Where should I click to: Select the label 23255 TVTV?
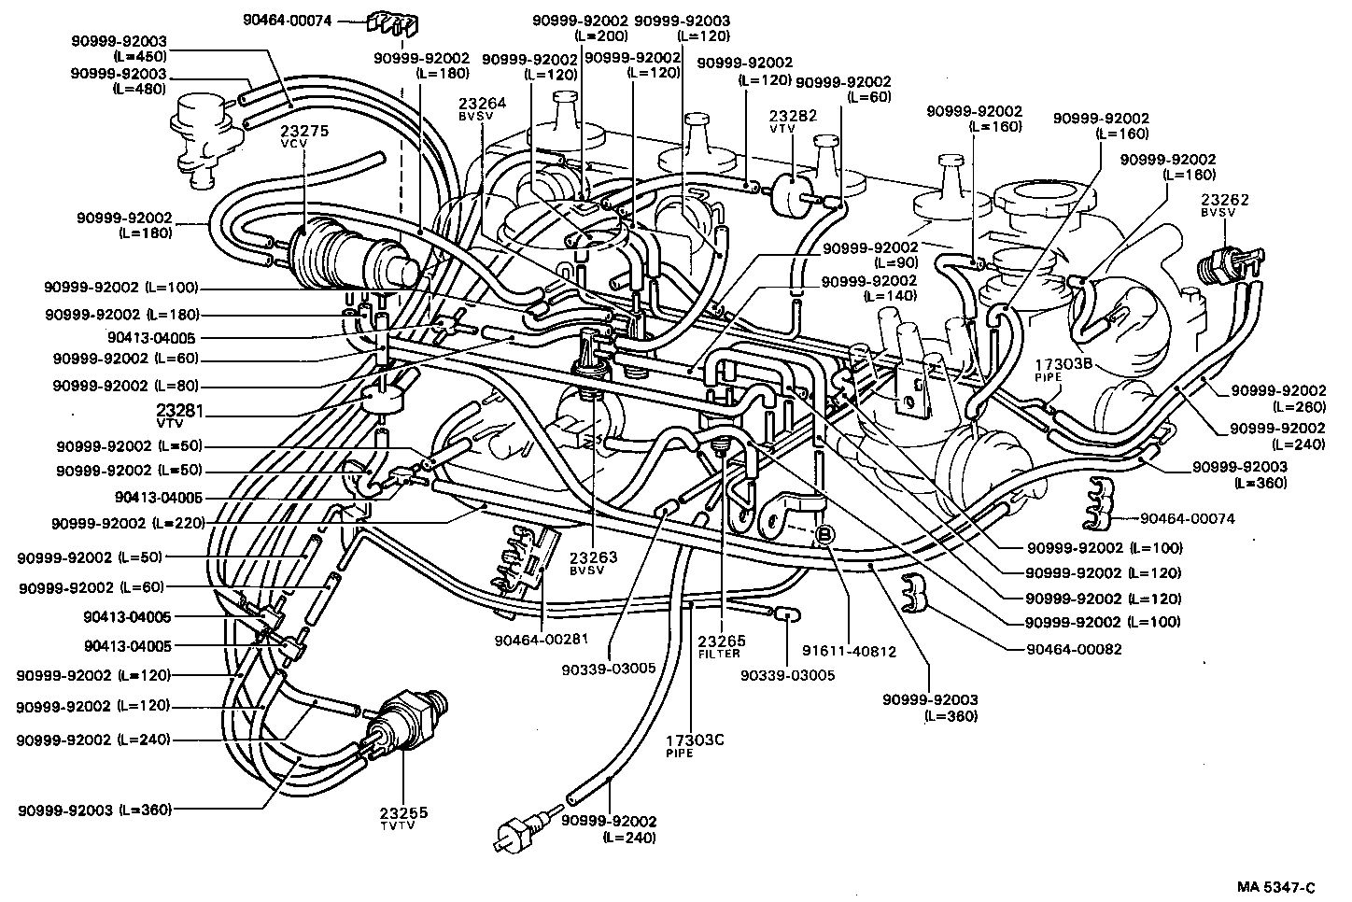[x=403, y=819]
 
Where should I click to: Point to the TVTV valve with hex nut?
[x=408, y=719]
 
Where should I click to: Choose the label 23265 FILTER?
[x=722, y=647]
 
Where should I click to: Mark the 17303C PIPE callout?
[x=694, y=745]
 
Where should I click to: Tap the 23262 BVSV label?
[x=1225, y=205]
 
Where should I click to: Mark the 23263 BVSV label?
[x=595, y=563]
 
